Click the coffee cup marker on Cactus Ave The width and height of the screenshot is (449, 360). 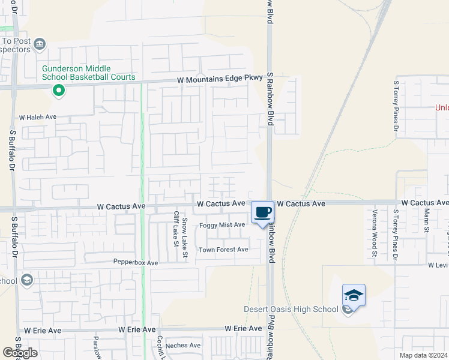tap(262, 212)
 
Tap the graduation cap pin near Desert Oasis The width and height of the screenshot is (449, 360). tap(354, 296)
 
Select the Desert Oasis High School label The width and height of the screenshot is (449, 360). tap(291, 309)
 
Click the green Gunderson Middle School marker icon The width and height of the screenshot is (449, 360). tap(58, 91)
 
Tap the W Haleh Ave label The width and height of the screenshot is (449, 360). tap(38, 118)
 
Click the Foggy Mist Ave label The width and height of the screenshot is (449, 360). tap(222, 225)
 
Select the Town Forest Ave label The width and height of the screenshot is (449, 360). tap(223, 250)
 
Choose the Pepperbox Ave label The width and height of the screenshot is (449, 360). tap(136, 263)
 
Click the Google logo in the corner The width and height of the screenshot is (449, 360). tap(20, 353)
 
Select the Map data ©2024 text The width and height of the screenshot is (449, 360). tap(424, 355)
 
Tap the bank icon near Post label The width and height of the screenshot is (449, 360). tap(40, 43)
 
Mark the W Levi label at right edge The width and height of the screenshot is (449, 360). tap(438, 265)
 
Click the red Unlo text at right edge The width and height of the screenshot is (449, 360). tap(442, 108)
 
